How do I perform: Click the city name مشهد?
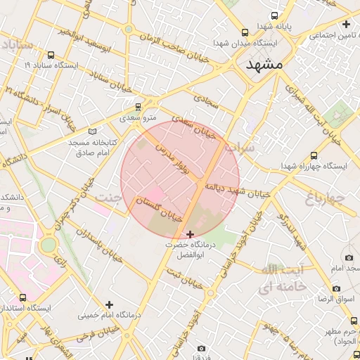pos(264,64)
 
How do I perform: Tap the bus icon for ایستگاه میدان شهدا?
pos(245,32)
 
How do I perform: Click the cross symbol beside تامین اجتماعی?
pos(345,25)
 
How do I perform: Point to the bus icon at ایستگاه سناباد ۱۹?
pos(51,55)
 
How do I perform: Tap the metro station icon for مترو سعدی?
pos(138,107)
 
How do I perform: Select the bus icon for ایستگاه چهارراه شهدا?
pos(313,155)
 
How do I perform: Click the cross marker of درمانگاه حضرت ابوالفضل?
pos(190,233)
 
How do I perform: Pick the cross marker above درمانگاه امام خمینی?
pos(108,304)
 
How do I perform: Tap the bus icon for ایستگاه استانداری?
pos(23,298)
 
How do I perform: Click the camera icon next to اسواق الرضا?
pos(336,288)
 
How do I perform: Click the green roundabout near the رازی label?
pos(48,245)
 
